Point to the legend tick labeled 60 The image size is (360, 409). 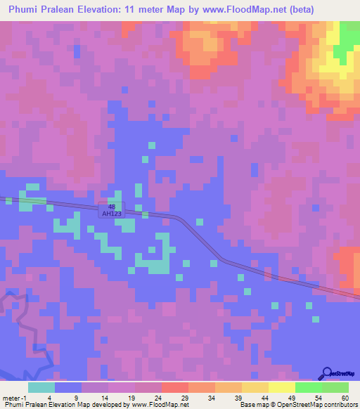point(345,398)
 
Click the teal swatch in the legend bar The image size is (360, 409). point(41,387)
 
